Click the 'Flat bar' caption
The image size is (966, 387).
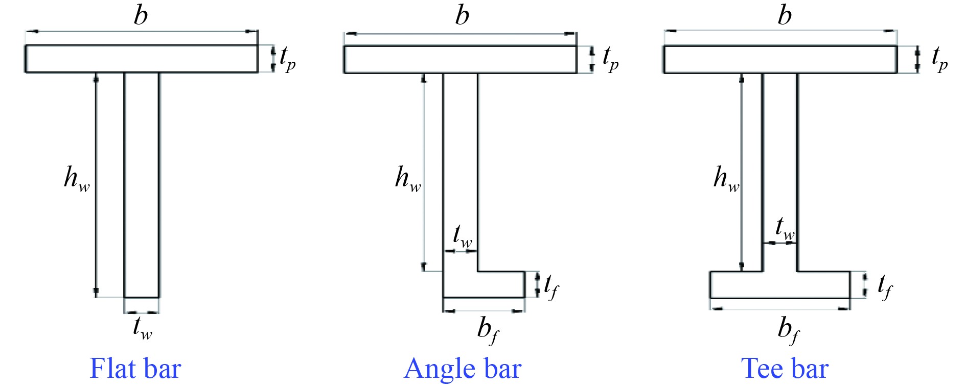tap(135, 368)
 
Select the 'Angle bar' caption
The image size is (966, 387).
tap(463, 368)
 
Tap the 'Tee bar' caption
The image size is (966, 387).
tap(785, 368)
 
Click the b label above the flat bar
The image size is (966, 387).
tap(141, 15)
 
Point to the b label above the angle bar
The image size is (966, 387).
tap(462, 15)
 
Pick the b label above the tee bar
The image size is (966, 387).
tap(785, 15)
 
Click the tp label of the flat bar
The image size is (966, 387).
tap(287, 58)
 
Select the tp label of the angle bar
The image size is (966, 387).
tap(610, 58)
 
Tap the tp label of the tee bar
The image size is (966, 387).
tap(939, 58)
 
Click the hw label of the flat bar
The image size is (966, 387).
tap(77, 179)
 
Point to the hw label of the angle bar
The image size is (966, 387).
tap(408, 179)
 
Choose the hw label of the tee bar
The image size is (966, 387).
tap(726, 179)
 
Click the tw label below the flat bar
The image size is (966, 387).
tap(143, 327)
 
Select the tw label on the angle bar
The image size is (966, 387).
tap(463, 236)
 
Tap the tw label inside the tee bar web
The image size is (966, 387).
tap(785, 228)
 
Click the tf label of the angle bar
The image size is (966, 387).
tap(551, 286)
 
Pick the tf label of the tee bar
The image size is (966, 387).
tap(885, 286)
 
